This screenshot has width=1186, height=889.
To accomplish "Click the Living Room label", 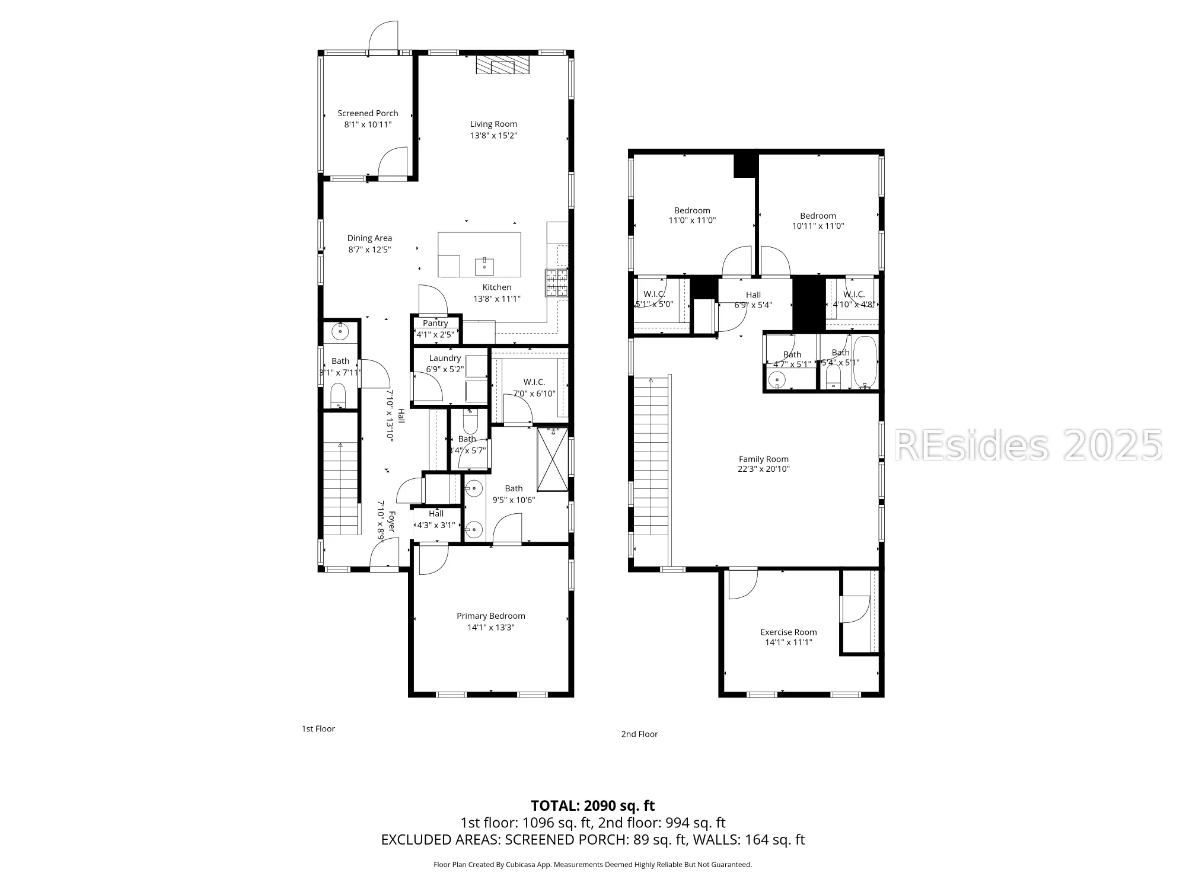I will (493, 124).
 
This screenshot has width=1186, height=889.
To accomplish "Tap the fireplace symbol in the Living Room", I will (503, 65).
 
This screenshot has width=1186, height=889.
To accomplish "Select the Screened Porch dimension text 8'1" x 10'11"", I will (368, 124).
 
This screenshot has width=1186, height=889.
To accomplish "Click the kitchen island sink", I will (484, 266).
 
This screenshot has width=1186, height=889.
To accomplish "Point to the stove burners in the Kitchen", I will (556, 283).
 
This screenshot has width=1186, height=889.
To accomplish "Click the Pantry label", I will (435, 323).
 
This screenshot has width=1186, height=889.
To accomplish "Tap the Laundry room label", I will (445, 358).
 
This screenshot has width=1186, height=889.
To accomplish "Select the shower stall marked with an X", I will (552, 459).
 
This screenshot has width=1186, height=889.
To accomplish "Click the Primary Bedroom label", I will (490, 616).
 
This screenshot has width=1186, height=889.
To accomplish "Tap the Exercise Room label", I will (788, 632).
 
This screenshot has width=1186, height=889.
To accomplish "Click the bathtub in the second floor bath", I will (864, 362).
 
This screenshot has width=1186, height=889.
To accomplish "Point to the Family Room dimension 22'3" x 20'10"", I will (763, 469).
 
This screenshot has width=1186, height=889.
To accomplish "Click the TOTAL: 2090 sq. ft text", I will (592, 805).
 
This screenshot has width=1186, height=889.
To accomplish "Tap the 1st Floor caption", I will (318, 728).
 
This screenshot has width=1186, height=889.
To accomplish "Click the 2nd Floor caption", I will (639, 734).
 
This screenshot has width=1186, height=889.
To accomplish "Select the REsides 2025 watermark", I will (1027, 445).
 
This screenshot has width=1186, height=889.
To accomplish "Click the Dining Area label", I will (369, 238).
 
